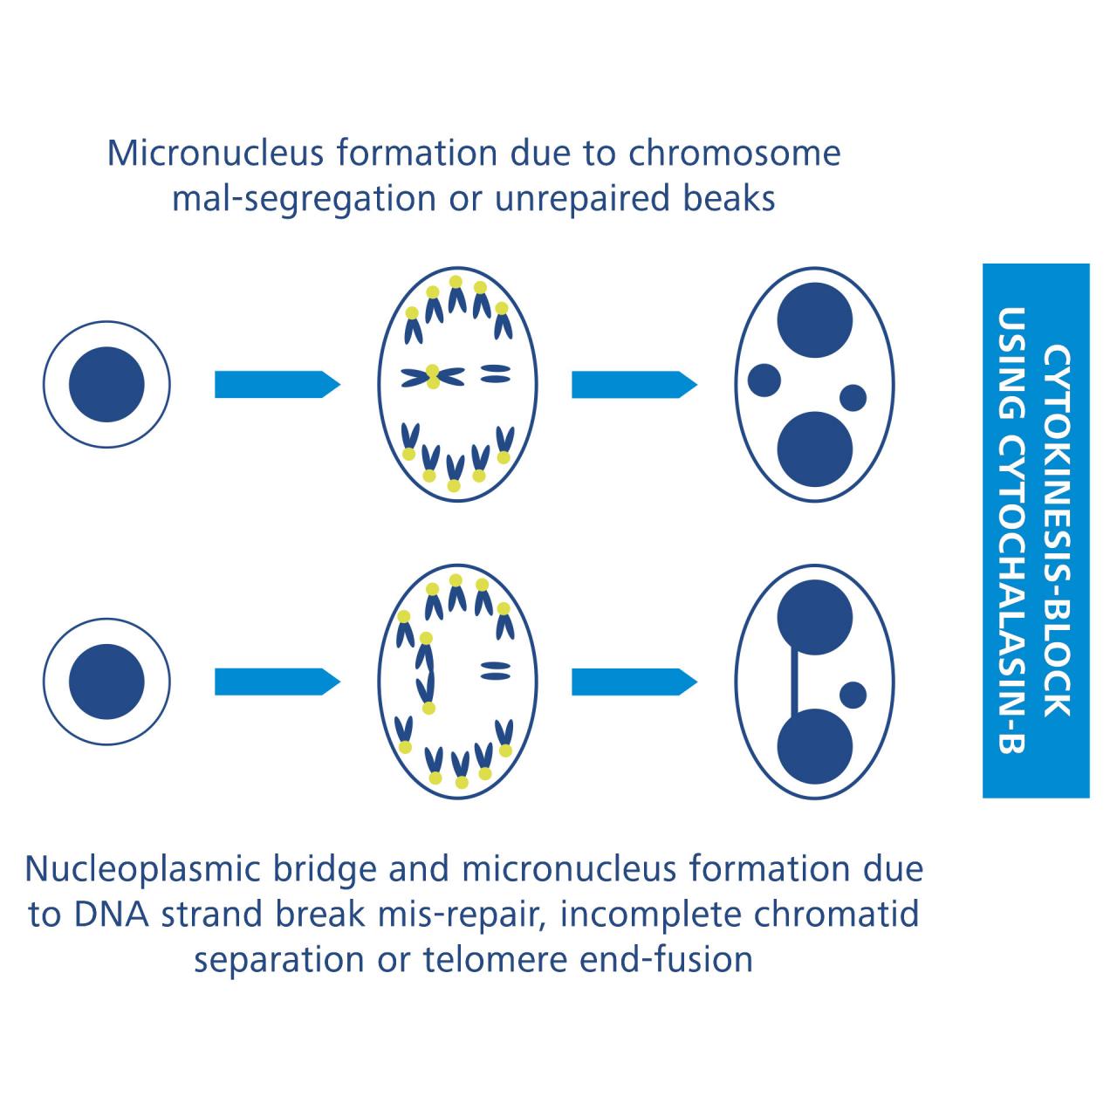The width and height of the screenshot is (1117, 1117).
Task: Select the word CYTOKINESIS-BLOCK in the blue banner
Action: click(x=1058, y=531)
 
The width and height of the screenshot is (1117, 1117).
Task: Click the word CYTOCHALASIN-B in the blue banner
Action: click(x=1012, y=531)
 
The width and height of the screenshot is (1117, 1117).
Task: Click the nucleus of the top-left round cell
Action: click(x=106, y=384)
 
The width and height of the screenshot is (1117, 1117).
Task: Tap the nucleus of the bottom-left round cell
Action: click(x=106, y=682)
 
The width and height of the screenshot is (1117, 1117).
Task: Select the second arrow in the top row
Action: click(x=634, y=384)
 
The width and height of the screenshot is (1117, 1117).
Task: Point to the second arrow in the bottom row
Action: click(x=634, y=682)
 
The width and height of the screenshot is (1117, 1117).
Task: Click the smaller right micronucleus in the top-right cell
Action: click(x=853, y=398)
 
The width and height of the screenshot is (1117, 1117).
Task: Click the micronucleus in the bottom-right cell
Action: click(x=853, y=696)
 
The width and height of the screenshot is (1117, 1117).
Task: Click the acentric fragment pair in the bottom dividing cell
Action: click(x=495, y=670)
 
